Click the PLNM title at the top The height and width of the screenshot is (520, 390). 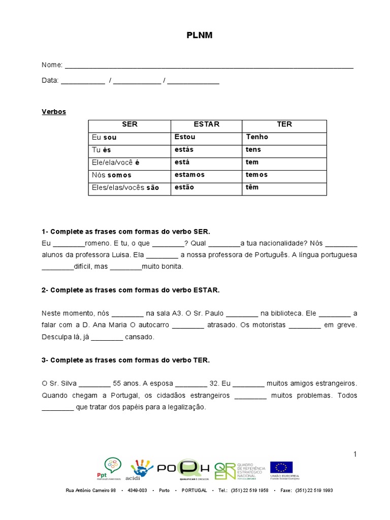coord(195,36)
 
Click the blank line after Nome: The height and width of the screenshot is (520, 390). coord(209,66)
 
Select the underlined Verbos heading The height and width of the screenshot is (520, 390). coord(54,112)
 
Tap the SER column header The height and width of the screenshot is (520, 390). coord(129,124)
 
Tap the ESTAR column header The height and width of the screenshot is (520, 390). coord(207,124)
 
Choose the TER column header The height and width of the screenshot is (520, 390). coord(284,124)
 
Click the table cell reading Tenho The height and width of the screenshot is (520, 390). coord(257,137)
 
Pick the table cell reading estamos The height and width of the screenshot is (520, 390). coord(189,175)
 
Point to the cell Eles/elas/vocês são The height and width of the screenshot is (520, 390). coord(125,187)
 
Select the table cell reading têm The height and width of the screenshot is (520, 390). coord(252,187)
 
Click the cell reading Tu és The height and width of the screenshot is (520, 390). coord(101,150)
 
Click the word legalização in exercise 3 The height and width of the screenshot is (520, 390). coord(188,407)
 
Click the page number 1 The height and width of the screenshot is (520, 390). coord(355,453)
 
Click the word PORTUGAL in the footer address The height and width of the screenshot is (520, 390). coord(193,491)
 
